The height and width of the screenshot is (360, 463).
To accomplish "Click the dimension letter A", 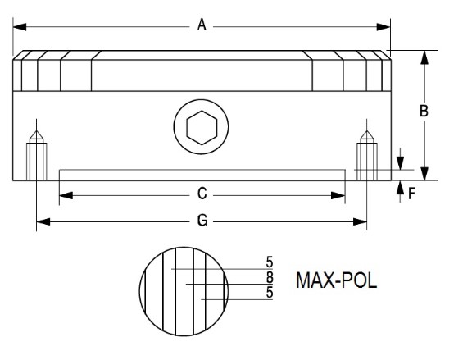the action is pos(202,25).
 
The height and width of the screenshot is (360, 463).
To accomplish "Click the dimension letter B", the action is pos(424,112).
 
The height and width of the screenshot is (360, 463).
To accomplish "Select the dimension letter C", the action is pos(202,194).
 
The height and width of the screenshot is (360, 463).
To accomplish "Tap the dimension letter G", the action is pos(202,221).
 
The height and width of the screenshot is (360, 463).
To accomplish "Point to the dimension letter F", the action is pos(412,194).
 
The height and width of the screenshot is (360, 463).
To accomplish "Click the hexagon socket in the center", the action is pos(202,128).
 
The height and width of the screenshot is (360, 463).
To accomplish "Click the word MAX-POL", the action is pos(336,280).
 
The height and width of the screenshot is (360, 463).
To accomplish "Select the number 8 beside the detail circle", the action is pos(270,277).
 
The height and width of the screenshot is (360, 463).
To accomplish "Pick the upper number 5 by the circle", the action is pos(270,262).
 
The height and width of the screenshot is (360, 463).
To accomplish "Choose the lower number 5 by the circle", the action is pos(270,292).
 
